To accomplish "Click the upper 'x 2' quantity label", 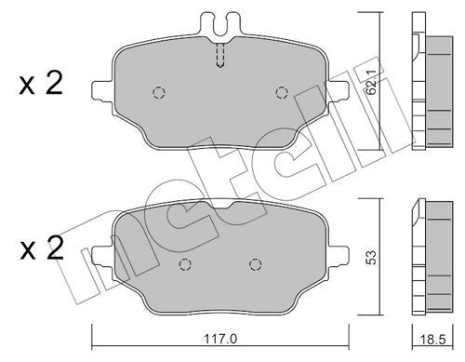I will coord(41,86).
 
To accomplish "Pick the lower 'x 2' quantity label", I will coord(41,248).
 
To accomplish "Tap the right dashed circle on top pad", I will coord(282,91).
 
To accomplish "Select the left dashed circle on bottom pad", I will coord(184,263).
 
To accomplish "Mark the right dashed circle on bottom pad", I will coord(252,263).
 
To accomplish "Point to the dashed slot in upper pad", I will coord(219,57).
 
